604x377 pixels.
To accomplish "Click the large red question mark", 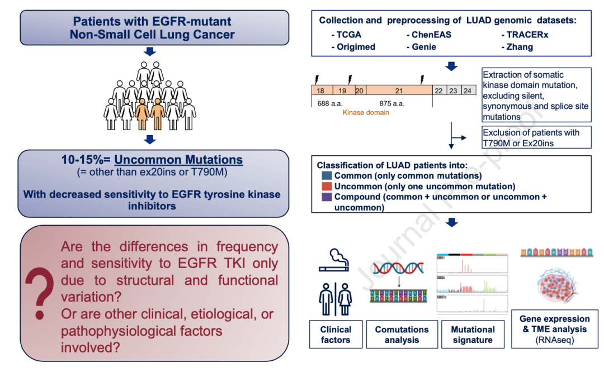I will [x=40, y=293].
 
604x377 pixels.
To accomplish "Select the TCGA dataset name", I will [x=350, y=35].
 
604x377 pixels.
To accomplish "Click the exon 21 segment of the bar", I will [x=399, y=90].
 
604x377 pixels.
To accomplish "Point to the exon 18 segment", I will [x=322, y=90].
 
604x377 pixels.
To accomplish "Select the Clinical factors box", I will [x=336, y=335].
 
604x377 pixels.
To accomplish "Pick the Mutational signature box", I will [x=473, y=335].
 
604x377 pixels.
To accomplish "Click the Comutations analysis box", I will [x=402, y=335].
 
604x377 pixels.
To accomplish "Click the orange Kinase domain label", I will [x=366, y=112].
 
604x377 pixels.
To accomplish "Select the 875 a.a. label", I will [x=392, y=103].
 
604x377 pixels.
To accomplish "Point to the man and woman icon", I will [x=334, y=298].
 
